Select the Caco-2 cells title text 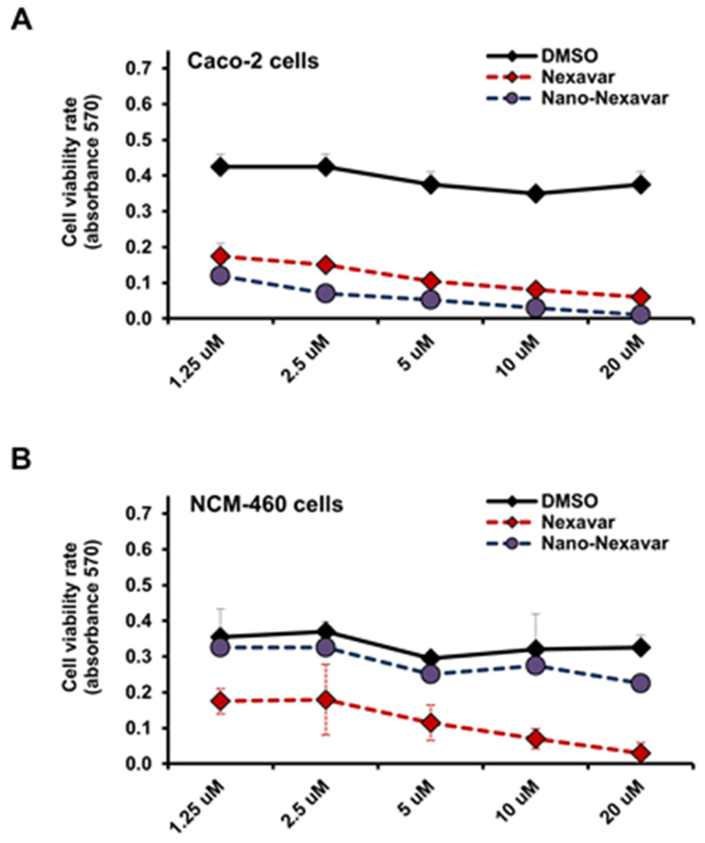(x=254, y=61)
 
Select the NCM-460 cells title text (x=266, y=504)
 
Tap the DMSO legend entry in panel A (x=568, y=56)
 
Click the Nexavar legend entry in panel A (x=577, y=77)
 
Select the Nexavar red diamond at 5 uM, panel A (x=430, y=281)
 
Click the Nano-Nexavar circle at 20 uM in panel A (x=641, y=315)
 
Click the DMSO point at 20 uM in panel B (x=641, y=647)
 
